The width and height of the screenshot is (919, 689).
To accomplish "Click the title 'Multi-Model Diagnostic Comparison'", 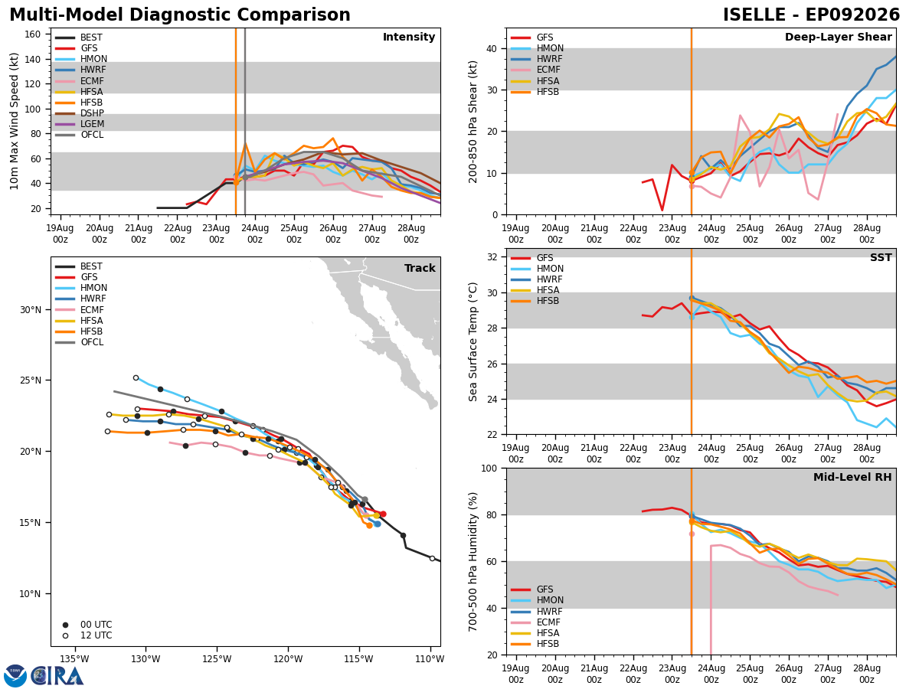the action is click(x=180, y=15).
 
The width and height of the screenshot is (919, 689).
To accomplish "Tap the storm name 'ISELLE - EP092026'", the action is click(x=811, y=15).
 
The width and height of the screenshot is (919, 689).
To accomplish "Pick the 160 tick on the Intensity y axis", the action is click(x=32, y=34).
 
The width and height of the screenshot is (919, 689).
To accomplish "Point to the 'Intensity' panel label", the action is click(x=409, y=37).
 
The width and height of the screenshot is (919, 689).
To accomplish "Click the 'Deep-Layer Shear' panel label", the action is click(x=838, y=37).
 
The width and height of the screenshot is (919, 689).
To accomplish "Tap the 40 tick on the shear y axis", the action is click(x=492, y=48).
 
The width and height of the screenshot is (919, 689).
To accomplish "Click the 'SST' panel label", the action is click(x=881, y=257).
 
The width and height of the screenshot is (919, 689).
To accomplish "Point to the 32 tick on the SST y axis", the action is click(x=492, y=257).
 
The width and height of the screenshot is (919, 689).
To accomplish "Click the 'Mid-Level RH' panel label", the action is click(x=852, y=477).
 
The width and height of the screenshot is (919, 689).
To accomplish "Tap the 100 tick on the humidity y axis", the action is click(x=489, y=468).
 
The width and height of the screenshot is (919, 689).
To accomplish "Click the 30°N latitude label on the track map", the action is click(x=31, y=310).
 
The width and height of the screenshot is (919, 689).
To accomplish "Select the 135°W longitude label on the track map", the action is click(x=74, y=659).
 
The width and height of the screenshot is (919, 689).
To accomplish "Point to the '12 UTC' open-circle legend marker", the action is click(x=65, y=636).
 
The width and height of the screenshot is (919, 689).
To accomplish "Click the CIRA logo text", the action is click(x=57, y=676).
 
